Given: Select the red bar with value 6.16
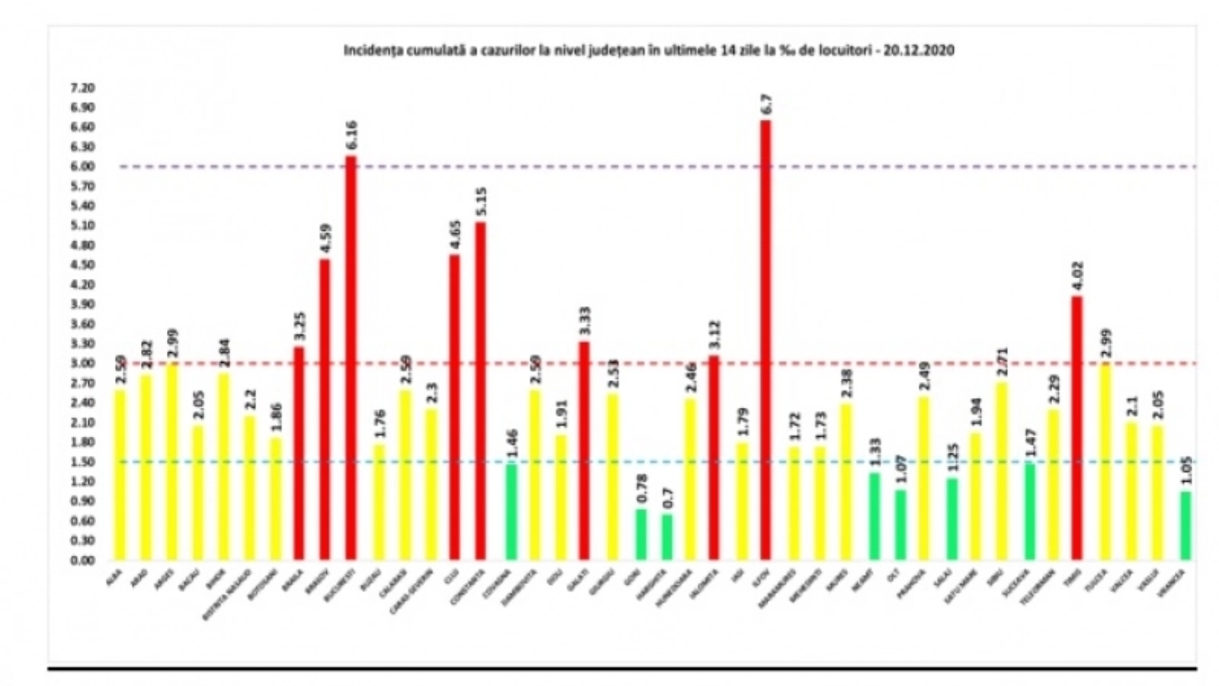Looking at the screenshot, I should tap(350, 358).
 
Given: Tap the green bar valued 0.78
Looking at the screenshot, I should tap(641, 534).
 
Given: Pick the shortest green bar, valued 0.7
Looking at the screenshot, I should tap(667, 537).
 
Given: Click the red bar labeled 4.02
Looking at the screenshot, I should tap(1077, 427).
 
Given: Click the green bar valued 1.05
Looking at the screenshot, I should tap(1185, 526).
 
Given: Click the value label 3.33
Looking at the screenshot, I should tap(585, 322).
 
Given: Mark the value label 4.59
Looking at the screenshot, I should tap(325, 238).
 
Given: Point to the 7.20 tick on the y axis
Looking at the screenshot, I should tap(82, 88).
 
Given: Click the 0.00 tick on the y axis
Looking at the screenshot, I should tap(82, 560).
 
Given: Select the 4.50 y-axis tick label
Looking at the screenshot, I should tap(82, 264).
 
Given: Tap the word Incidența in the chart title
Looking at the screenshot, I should tap(369, 50).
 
